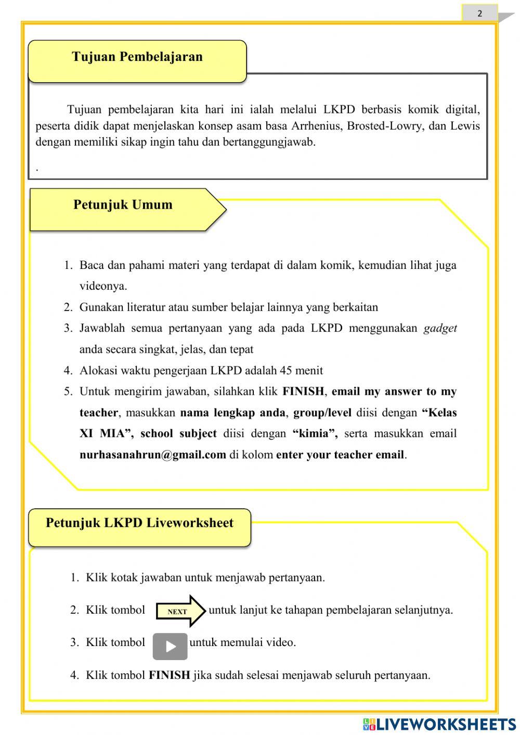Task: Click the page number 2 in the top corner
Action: [x=479, y=14]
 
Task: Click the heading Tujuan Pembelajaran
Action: [x=137, y=57]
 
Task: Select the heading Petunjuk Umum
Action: [x=123, y=204]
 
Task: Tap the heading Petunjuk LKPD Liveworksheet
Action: [x=139, y=523]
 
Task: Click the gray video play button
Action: [x=170, y=646]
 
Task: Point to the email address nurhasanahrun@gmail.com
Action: [x=152, y=455]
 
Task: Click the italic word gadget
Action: [x=440, y=328]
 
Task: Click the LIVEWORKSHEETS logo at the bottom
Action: [x=439, y=724]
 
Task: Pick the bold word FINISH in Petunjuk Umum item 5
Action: [x=303, y=392]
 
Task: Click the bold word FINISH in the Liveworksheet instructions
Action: [x=169, y=675]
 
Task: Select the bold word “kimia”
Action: [x=315, y=434]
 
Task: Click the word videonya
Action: [x=103, y=286]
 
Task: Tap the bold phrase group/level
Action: [x=322, y=413]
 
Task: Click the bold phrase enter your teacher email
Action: [x=340, y=455]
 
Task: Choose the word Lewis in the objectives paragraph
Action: [x=465, y=126]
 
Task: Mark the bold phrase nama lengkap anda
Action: [x=232, y=413]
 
